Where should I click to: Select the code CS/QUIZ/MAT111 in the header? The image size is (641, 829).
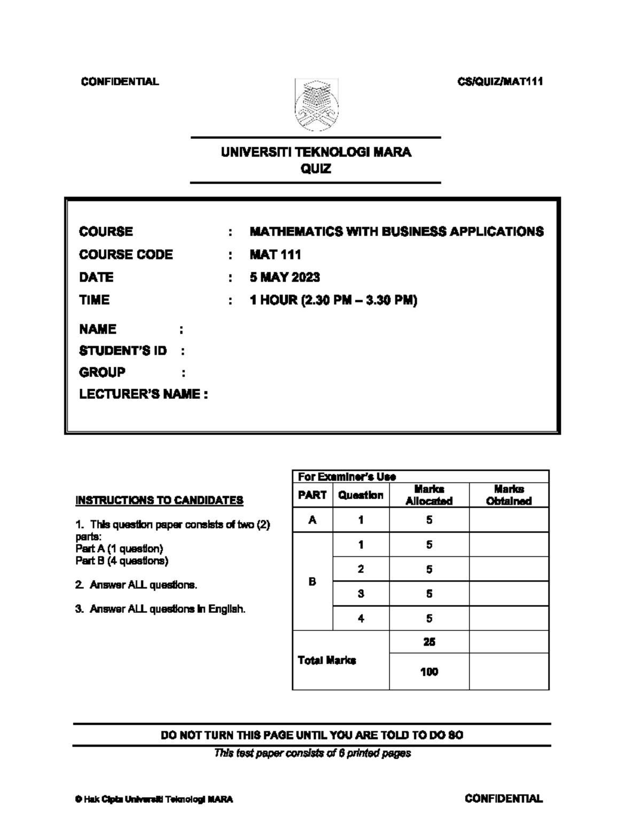(x=500, y=82)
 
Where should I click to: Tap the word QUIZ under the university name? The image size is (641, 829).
(x=316, y=169)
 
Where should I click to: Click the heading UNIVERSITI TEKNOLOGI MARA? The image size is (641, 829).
(x=316, y=152)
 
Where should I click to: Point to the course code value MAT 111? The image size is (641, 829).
(x=275, y=255)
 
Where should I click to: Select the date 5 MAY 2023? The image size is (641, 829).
(x=285, y=277)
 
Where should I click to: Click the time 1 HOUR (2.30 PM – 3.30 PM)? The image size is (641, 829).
(x=333, y=300)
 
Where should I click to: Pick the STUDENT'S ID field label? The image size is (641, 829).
(x=123, y=351)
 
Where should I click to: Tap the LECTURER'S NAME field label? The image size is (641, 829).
(x=143, y=394)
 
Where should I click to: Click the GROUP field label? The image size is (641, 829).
(x=102, y=372)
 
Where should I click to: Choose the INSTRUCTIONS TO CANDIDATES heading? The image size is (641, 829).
(x=159, y=500)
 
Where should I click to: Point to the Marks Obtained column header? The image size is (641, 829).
(x=509, y=495)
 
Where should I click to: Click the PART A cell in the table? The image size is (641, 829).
(x=312, y=519)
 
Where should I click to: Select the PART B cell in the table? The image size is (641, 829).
(x=312, y=581)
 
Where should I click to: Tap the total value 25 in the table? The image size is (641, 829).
(x=429, y=642)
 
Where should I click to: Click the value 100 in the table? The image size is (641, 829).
(x=429, y=672)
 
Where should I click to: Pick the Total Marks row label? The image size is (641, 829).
(x=327, y=660)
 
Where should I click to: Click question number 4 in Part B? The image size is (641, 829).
(x=361, y=618)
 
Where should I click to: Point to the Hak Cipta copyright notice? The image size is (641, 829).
(x=154, y=799)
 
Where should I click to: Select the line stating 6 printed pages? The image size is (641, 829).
(x=312, y=753)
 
